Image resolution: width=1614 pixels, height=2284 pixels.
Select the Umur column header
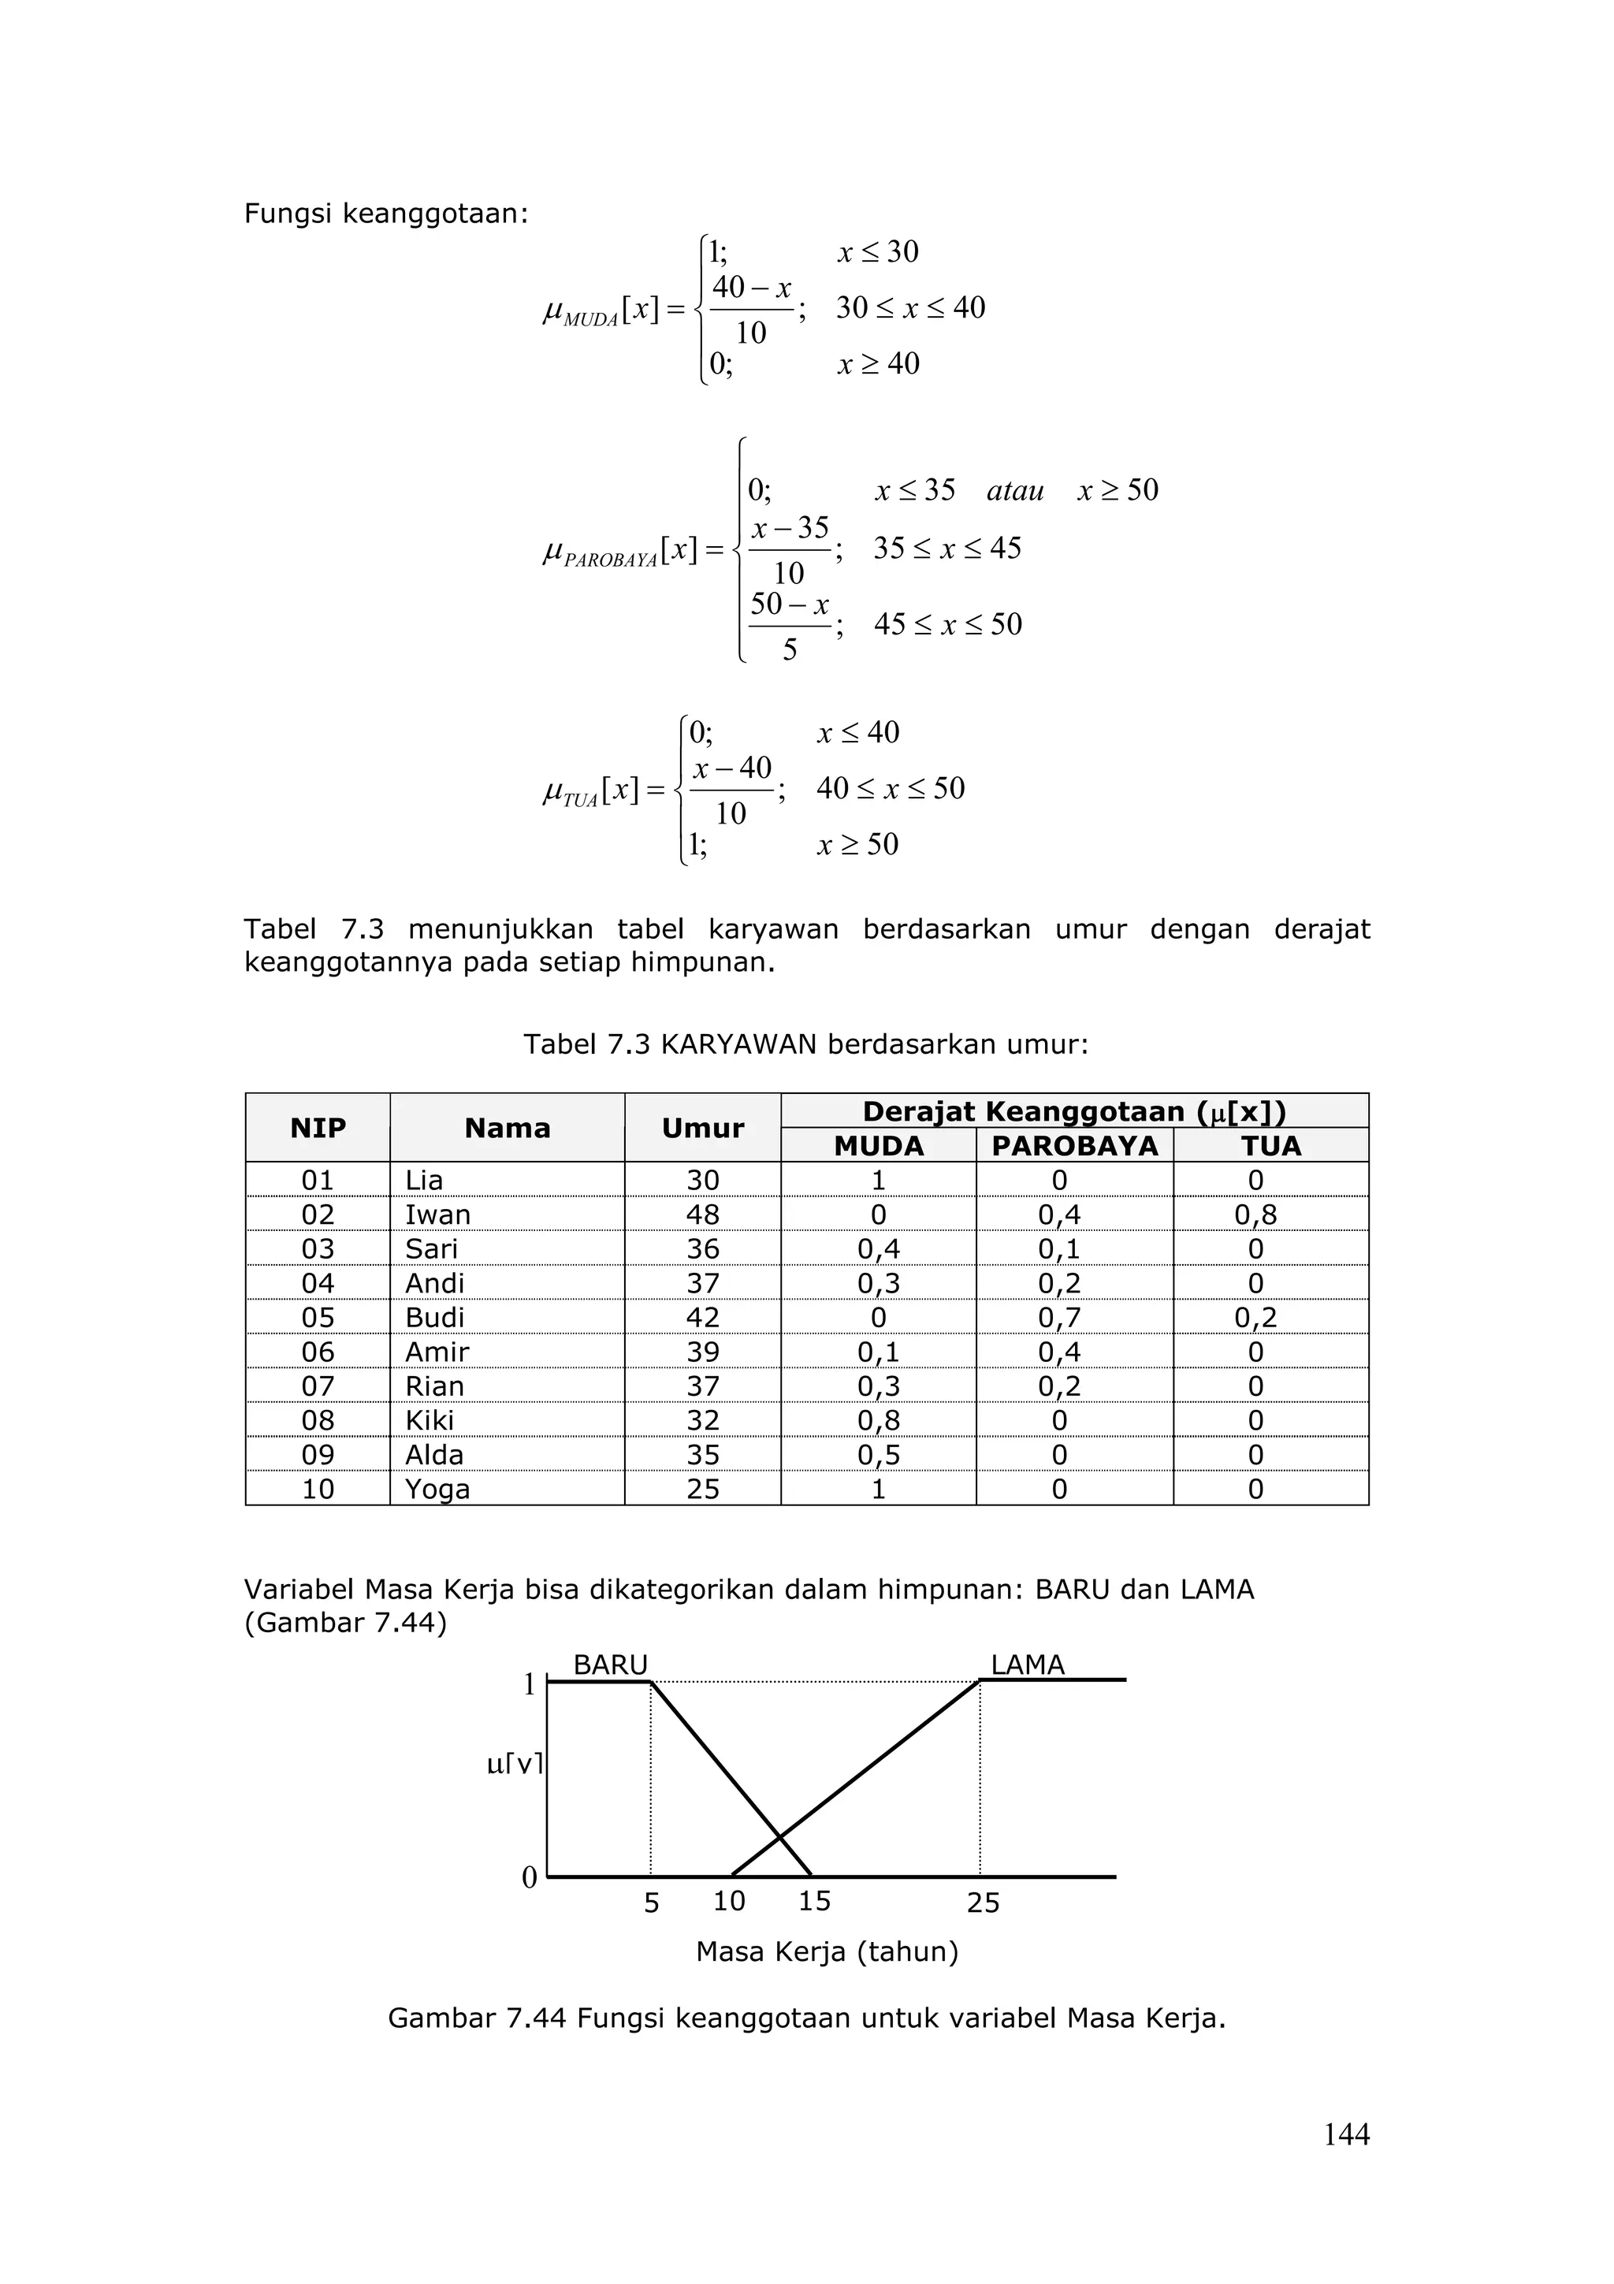[702, 1128]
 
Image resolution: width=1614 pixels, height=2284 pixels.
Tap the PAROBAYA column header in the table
[1074, 1146]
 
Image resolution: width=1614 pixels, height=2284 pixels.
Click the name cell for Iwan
[437, 1215]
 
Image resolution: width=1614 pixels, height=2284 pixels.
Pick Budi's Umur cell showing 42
[702, 1317]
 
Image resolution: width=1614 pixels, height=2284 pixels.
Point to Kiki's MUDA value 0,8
[878, 1420]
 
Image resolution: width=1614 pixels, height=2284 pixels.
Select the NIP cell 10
[318, 1490]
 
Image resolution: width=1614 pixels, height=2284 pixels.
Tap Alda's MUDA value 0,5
[878, 1454]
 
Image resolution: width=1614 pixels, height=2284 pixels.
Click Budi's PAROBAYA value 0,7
[1059, 1317]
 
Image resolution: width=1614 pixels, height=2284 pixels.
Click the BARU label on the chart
[610, 1665]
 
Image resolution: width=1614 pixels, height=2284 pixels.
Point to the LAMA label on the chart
[1028, 1665]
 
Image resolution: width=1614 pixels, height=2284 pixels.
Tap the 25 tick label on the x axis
[983, 1903]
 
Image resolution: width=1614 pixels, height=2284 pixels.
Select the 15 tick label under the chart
[813, 1901]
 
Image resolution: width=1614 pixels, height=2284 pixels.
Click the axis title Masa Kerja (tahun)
[827, 1951]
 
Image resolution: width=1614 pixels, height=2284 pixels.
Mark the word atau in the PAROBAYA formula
[1014, 490]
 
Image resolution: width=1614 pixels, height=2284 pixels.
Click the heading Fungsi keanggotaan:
[386, 214]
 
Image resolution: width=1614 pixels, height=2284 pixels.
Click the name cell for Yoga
[437, 1490]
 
